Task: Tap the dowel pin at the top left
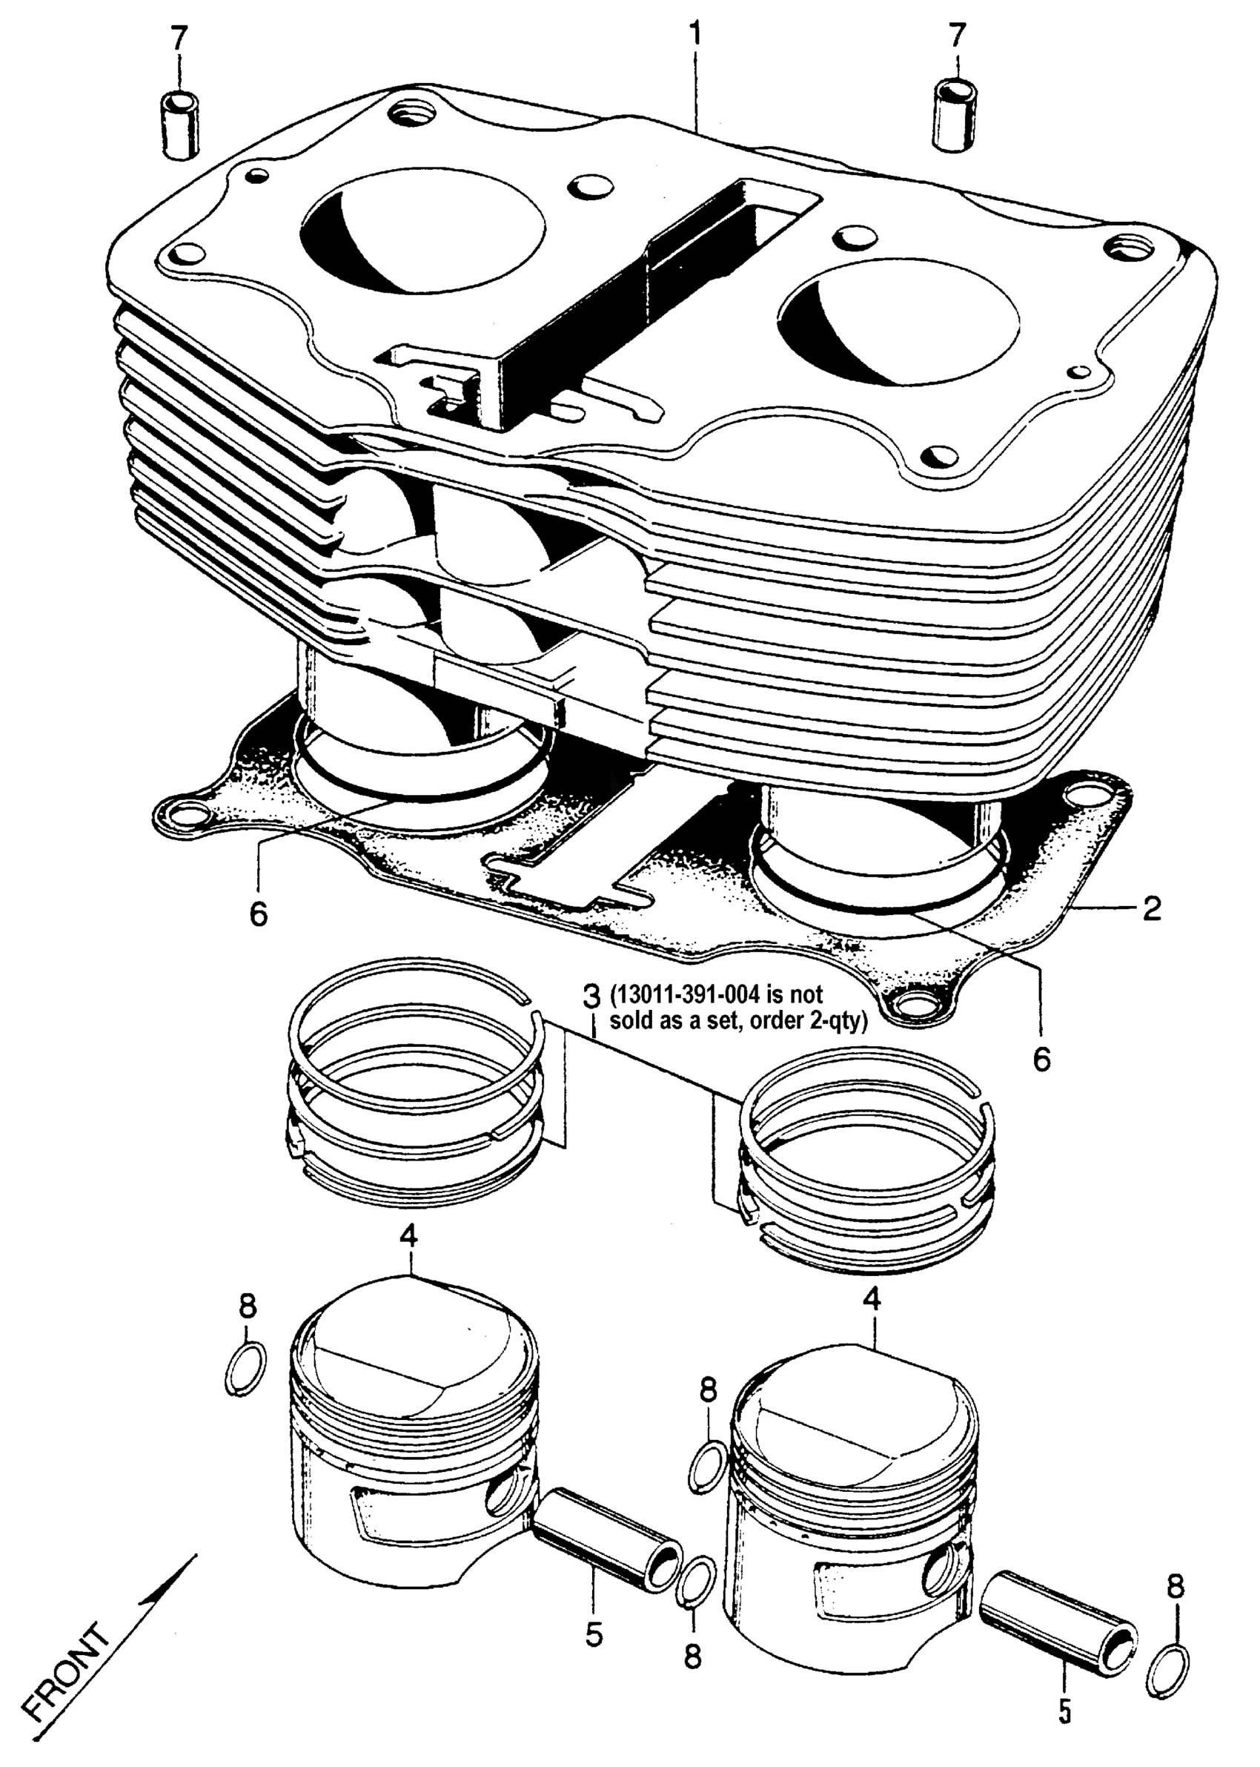[x=179, y=124]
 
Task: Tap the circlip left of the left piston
[x=246, y=1370]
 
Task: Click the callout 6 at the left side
[x=259, y=914]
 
